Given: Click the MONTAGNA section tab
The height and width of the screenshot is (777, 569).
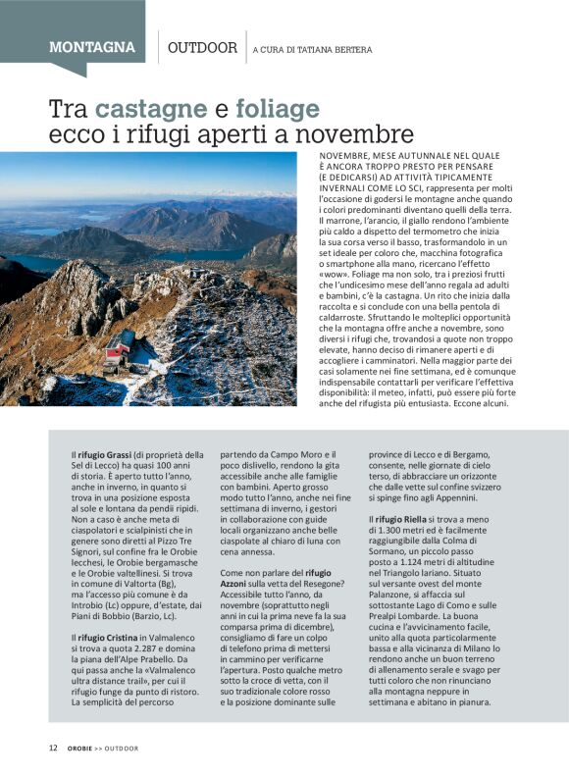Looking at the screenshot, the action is (92, 47).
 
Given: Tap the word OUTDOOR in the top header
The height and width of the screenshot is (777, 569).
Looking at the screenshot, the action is (202, 47).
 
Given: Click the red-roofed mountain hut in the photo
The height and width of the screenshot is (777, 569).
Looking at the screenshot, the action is (120, 346).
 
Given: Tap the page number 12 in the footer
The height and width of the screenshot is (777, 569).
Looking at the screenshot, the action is (54, 749).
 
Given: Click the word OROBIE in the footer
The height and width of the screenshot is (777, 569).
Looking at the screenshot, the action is (81, 749).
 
